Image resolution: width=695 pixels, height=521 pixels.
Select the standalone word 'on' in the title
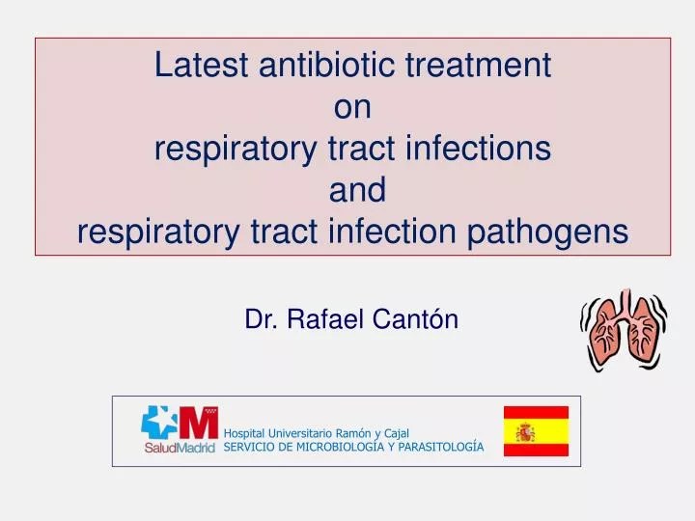[x=352, y=107]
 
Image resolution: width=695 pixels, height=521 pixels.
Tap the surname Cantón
[x=422, y=319]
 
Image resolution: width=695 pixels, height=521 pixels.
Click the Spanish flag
[x=536, y=431]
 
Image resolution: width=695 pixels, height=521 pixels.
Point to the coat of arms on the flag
[x=525, y=431]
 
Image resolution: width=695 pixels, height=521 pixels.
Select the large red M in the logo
[x=198, y=424]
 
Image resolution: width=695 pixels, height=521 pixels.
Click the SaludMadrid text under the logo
[x=180, y=448]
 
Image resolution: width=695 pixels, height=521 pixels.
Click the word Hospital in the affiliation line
[x=244, y=433]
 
